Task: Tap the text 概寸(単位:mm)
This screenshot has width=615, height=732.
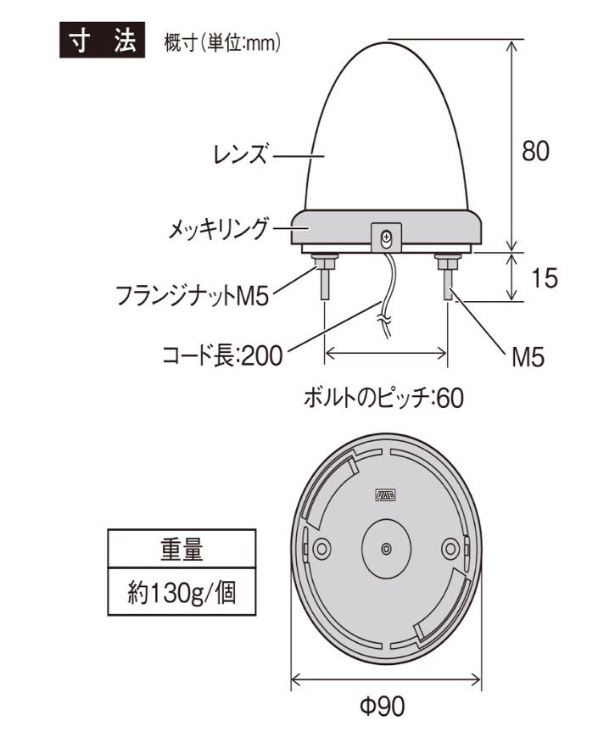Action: point(222,43)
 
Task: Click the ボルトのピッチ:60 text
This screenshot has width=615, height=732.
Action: point(383,398)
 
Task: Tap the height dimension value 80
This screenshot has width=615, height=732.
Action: point(534,151)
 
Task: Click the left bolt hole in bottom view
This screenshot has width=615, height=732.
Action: point(321,549)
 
